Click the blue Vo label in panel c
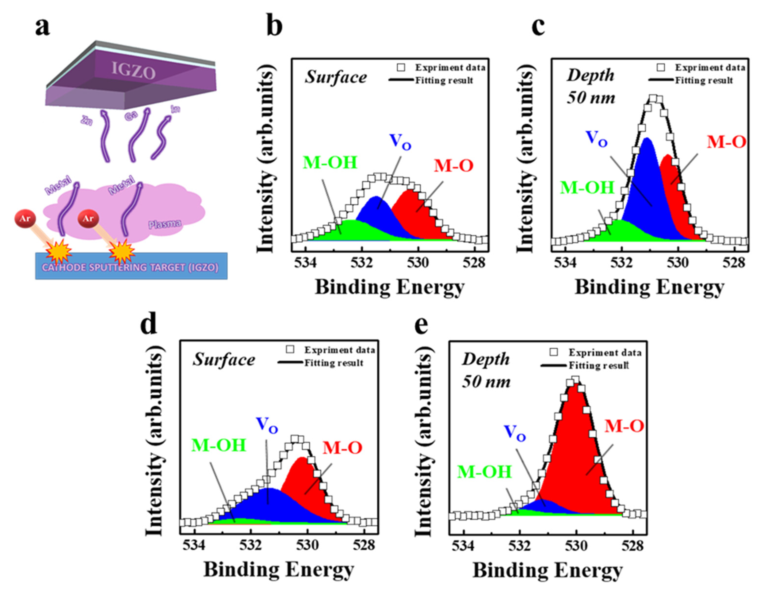[x=596, y=139]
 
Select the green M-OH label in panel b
[x=330, y=163]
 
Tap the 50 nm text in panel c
[x=591, y=98]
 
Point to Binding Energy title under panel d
[x=278, y=570]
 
